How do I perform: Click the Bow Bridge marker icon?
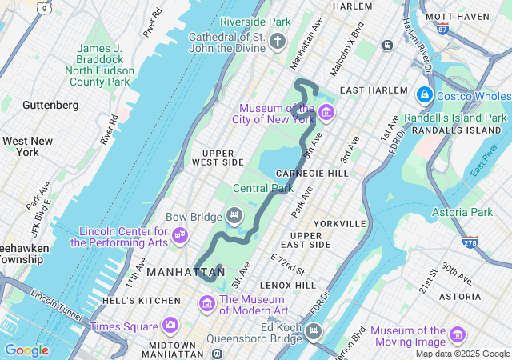234,214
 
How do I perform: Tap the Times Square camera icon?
170,325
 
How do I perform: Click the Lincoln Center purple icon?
180,234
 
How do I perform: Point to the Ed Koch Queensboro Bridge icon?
314,330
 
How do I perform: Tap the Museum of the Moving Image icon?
458,334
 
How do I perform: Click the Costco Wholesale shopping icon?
424,96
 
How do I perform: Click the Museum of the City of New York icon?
325,113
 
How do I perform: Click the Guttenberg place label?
50,105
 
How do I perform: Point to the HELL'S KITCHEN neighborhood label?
142,300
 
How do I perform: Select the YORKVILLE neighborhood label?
339,223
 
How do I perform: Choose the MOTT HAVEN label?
468,16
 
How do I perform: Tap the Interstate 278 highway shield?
470,241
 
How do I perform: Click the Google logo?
26,350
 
